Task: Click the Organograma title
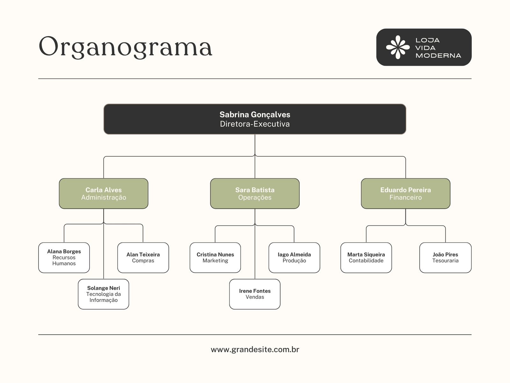coord(125,47)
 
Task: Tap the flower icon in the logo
coord(397,47)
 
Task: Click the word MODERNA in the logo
coord(438,56)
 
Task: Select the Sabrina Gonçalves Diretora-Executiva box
coord(255,119)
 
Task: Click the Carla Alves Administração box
coord(104,193)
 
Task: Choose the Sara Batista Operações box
coord(255,193)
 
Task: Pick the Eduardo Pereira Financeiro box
coord(405,193)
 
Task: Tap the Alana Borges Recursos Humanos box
coord(64,258)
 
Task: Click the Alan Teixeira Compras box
coord(143,258)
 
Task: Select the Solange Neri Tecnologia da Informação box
coord(104,294)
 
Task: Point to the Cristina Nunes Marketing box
coord(215,258)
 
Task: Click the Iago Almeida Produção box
coord(294,258)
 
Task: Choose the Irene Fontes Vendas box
coord(255,294)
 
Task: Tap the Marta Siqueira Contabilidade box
coord(366,258)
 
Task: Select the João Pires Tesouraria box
coord(445,258)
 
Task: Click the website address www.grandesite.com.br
coord(255,349)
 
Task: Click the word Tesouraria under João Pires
coord(445,261)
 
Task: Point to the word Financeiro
coord(405,198)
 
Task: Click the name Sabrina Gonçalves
coord(255,115)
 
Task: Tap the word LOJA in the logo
coord(427,40)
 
